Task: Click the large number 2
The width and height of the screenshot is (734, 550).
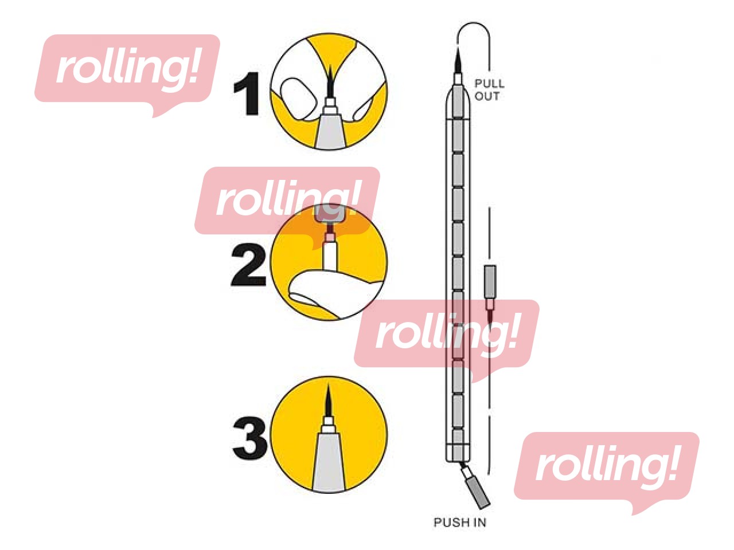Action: point(248,265)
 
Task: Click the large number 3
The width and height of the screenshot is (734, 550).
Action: point(250,438)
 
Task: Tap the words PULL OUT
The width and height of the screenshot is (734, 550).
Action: point(489,90)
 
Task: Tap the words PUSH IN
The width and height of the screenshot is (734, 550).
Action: point(460,522)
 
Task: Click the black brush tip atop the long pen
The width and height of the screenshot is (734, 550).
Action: point(458,61)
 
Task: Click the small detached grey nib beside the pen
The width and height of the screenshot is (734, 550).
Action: point(490,281)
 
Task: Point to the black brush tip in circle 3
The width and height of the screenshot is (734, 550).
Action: point(328,400)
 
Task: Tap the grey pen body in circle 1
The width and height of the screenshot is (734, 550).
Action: point(330,131)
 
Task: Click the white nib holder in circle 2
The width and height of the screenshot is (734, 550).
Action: point(329,255)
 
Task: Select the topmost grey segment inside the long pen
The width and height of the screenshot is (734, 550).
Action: point(458,101)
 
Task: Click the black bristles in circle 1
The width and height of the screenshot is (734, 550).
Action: point(330,81)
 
